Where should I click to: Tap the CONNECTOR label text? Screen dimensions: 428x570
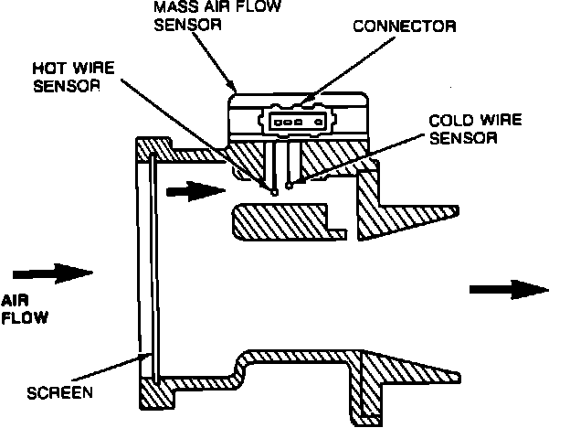click(x=405, y=27)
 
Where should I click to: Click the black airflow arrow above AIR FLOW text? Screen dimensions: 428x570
click(x=55, y=272)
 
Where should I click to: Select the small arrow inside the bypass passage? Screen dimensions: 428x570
click(x=195, y=192)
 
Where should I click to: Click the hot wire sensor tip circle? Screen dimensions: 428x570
click(x=273, y=190)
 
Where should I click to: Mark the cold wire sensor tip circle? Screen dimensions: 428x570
click(x=290, y=187)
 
